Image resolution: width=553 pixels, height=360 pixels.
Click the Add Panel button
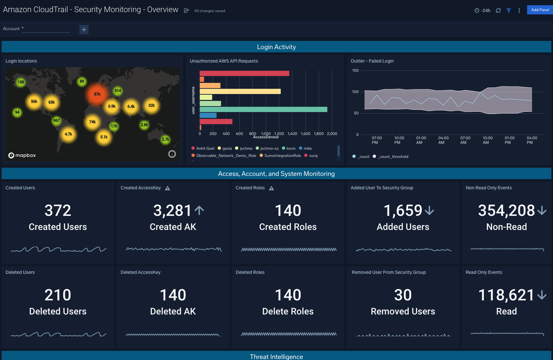[x=540, y=10]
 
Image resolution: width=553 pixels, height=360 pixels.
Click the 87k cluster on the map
[x=97, y=94]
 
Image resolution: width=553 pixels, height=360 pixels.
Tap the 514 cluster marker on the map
[x=118, y=91]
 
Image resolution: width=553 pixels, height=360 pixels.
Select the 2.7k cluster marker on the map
[x=165, y=140]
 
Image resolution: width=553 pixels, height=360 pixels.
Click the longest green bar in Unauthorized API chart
[x=263, y=109]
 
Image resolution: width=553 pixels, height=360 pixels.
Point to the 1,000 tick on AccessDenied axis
[x=266, y=134]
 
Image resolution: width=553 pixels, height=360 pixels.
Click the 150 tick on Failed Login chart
[x=355, y=70]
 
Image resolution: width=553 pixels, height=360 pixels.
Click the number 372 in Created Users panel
[x=58, y=210]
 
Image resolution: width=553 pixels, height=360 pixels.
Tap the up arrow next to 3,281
[x=199, y=210]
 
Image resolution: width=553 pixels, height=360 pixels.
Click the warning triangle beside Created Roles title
[x=271, y=188]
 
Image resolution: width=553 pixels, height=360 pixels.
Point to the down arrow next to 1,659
[x=429, y=211]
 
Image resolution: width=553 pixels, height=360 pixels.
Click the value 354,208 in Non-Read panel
[x=506, y=210]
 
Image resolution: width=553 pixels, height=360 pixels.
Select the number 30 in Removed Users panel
[x=403, y=295]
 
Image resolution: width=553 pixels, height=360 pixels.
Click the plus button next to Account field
[x=84, y=29]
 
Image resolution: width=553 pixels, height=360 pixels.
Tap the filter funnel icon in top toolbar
[x=509, y=10]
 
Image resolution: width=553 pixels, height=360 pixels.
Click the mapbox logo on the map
[x=22, y=155]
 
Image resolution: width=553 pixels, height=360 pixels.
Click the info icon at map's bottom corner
[x=172, y=154]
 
